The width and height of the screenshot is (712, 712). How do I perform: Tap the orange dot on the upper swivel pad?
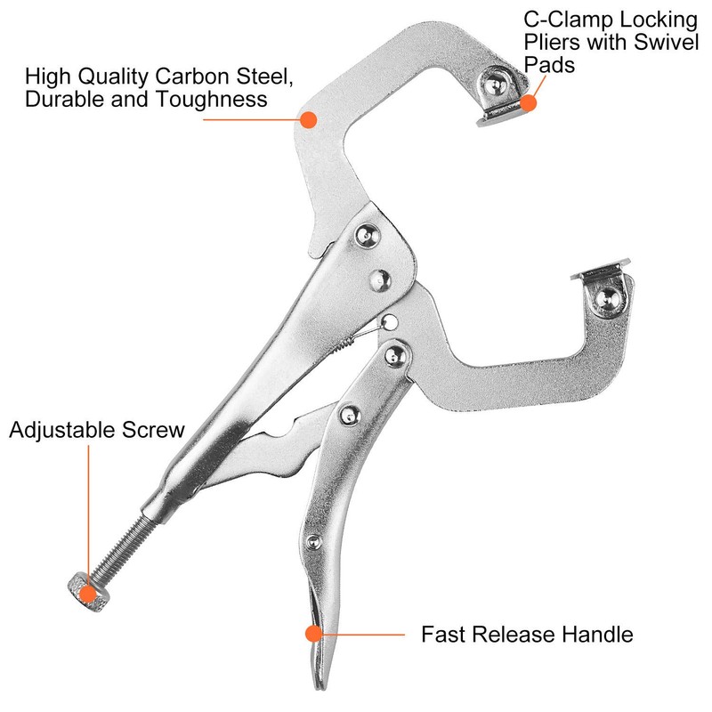click(529, 103)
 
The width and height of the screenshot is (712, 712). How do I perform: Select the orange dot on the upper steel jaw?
click(308, 118)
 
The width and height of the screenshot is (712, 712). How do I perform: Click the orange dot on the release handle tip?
click(312, 634)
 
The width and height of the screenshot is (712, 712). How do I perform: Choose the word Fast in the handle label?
click(441, 635)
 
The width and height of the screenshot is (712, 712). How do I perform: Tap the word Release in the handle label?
click(514, 635)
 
